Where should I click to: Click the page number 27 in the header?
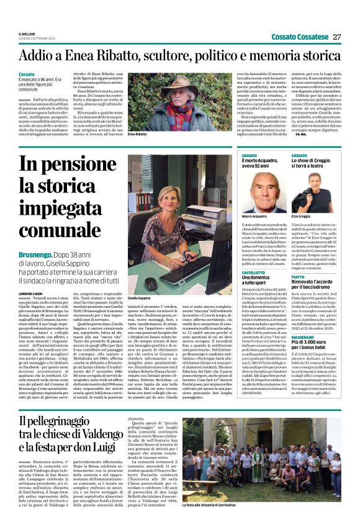click(x=337, y=37)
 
